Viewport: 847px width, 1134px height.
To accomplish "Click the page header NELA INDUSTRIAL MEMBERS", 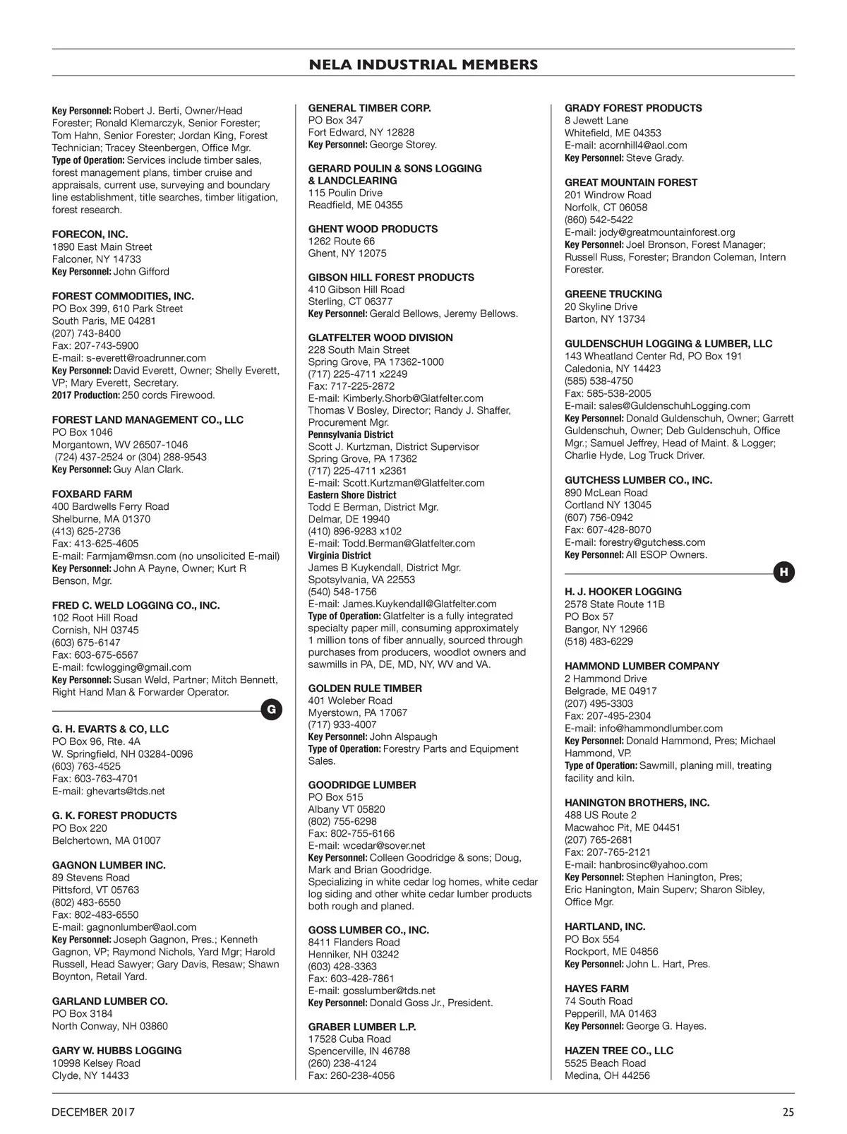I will coord(423,65).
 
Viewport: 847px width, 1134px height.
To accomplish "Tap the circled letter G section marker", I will coord(272,710).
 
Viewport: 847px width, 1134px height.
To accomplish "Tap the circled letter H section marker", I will coord(783,573).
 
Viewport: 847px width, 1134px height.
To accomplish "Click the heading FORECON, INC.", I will coord(90,234).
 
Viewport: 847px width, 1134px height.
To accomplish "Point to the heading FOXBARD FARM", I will coord(92,494).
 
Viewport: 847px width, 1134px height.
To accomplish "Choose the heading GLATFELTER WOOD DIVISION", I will coord(380,338).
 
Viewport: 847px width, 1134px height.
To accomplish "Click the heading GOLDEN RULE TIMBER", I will coord(365,688).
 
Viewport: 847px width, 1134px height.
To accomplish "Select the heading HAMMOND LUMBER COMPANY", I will coord(642,666).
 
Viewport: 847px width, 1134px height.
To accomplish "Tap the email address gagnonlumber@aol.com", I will coord(141,927).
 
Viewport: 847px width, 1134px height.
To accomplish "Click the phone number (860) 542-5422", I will coord(599,220).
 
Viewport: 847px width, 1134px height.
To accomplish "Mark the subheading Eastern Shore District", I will coord(352,495).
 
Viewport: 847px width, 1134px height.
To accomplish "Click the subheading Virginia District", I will coord(340,555).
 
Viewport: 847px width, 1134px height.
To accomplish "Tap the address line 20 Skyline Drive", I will coord(601,306).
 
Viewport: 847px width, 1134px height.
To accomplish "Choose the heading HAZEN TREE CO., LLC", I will coord(618,1051).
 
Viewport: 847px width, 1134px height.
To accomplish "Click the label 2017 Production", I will coord(85,395).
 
